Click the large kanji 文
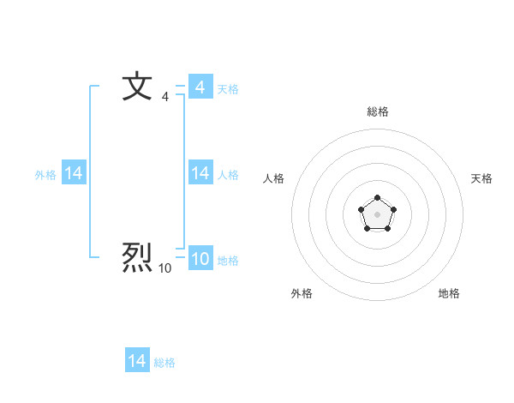pyautogui.click(x=137, y=87)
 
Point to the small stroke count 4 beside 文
pyautogui.click(x=165, y=98)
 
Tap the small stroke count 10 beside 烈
pyautogui.click(x=164, y=269)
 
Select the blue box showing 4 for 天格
pyautogui.click(x=200, y=87)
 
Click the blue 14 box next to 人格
pyautogui.click(x=200, y=173)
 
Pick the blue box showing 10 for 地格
pyautogui.click(x=200, y=259)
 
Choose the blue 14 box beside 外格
pyautogui.click(x=74, y=173)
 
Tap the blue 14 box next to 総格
pyautogui.click(x=137, y=361)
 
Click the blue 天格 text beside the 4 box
pyautogui.click(x=228, y=88)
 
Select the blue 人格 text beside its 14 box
pyautogui.click(x=228, y=174)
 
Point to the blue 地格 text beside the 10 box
pyautogui.click(x=228, y=260)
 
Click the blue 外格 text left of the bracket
pyautogui.click(x=45, y=174)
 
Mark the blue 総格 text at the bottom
pyautogui.click(x=164, y=362)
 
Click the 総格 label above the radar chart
pyautogui.click(x=378, y=111)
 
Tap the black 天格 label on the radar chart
pyautogui.click(x=481, y=178)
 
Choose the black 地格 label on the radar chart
pyautogui.click(x=449, y=293)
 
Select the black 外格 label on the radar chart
pyautogui.click(x=302, y=293)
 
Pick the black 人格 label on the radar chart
pyautogui.click(x=274, y=178)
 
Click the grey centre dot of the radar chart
pyautogui.click(x=377, y=214)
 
